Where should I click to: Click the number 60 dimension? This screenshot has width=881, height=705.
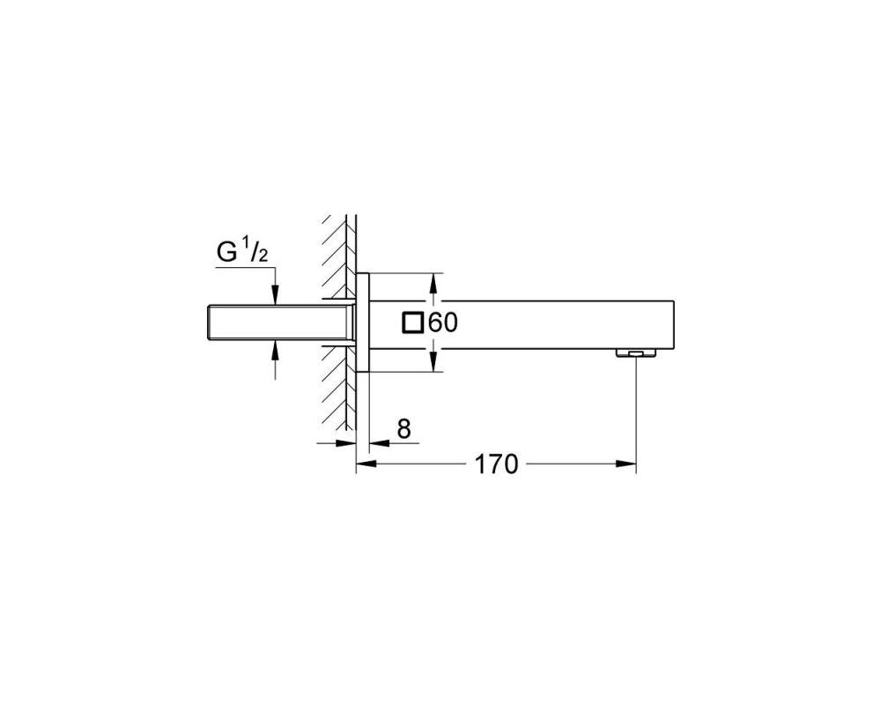(443, 323)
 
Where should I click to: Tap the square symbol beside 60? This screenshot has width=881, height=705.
(413, 323)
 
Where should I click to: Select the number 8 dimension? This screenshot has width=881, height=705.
(404, 429)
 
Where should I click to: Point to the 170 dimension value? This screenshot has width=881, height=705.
(496, 464)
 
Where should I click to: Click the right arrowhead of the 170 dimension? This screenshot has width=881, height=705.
(626, 464)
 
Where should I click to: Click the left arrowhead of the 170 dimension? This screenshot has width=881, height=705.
(366, 464)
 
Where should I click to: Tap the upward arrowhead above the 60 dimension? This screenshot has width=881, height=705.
(433, 283)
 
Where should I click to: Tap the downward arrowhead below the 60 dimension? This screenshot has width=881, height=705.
(433, 362)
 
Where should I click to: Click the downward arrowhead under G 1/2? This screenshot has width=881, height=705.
(275, 296)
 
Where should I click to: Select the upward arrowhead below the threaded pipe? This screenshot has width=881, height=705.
(275, 351)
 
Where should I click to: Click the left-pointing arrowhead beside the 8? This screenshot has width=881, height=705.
(379, 443)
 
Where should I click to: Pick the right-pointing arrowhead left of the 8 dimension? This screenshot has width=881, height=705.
(346, 443)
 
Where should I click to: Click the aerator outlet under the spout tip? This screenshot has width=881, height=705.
(636, 353)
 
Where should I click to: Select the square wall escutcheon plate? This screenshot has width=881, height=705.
(362, 323)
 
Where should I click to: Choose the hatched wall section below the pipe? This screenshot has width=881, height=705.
(339, 388)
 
